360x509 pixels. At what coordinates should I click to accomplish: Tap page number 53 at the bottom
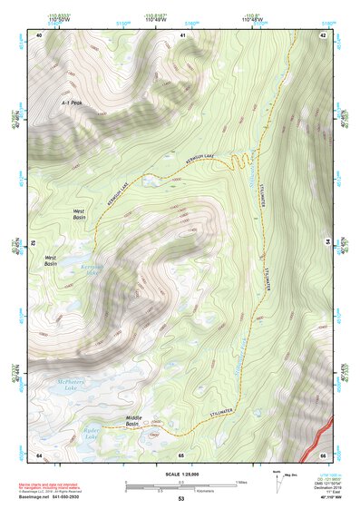pyautogui.click(x=180, y=500)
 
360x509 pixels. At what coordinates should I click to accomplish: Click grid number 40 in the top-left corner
pyautogui.click(x=39, y=34)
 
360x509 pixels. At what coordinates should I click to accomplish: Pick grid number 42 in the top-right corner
pyautogui.click(x=324, y=34)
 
